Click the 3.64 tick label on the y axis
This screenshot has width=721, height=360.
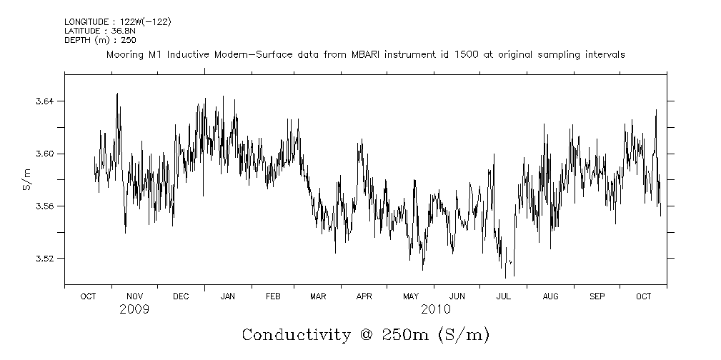tap(44, 101)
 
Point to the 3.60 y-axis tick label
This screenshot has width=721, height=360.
tap(44, 154)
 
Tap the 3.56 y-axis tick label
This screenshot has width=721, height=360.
tap(44, 206)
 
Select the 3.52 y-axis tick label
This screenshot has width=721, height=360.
tap(44, 258)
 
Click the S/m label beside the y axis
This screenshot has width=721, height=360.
tap(26, 179)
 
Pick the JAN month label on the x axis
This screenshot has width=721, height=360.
tap(228, 296)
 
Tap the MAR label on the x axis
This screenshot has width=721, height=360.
tap(318, 296)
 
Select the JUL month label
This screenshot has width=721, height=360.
tap(504, 296)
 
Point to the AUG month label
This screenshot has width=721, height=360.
tap(550, 296)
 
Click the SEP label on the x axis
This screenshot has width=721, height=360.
tap(597, 296)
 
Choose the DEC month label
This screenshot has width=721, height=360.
tap(181, 296)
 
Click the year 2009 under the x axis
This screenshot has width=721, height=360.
tap(134, 309)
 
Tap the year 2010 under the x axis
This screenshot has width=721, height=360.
tap(435, 309)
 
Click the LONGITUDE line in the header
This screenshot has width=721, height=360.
tap(117, 22)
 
